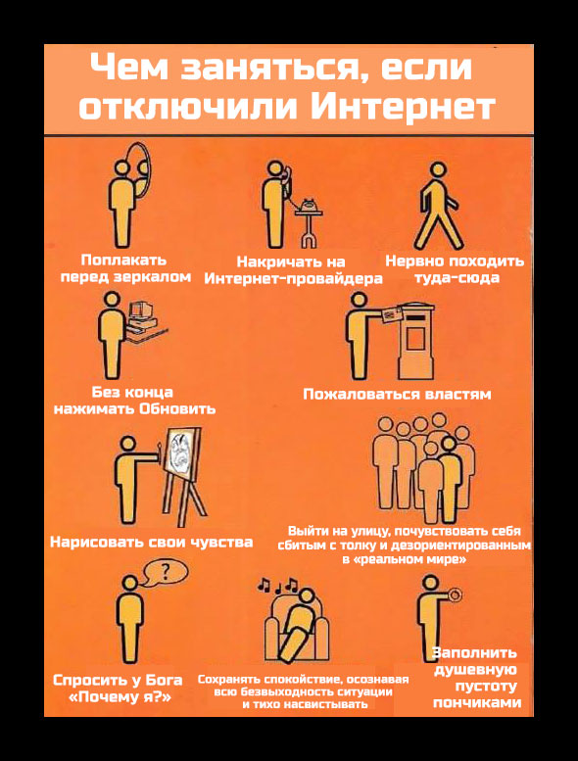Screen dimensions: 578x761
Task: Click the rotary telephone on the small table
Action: coord(309,206)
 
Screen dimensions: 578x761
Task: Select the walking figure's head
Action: coord(438,169)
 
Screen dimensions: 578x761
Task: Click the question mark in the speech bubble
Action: coord(166,572)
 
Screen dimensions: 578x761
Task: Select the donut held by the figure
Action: coord(455,595)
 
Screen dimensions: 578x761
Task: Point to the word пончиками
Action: coord(476,702)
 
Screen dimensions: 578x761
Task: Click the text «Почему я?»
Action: coord(120,698)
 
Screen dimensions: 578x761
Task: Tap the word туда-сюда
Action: coord(457,277)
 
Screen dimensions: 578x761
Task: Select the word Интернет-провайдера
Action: coord(293,279)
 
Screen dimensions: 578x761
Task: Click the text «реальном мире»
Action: coord(405,559)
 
